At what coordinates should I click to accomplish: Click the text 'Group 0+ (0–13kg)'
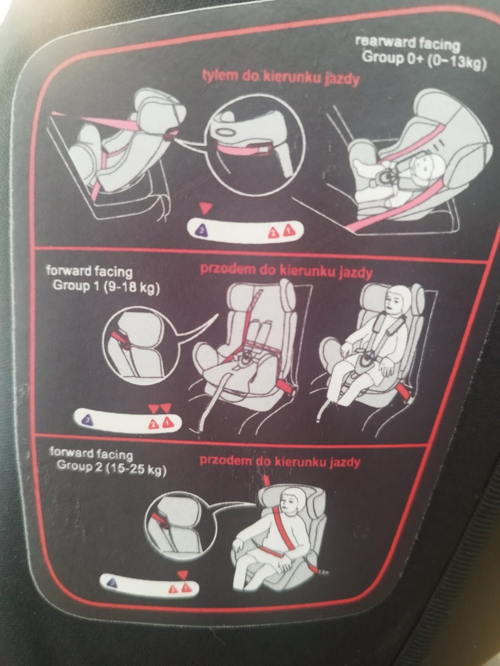[x=424, y=60]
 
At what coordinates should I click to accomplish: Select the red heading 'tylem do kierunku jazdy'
[x=281, y=78]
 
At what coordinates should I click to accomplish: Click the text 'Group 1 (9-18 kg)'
[x=106, y=286]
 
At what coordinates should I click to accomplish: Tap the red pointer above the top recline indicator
[x=206, y=208]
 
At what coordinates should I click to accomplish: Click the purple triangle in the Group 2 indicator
[x=113, y=582]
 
